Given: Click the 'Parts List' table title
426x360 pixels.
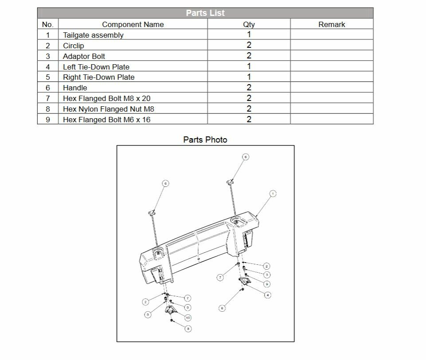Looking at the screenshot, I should (x=205, y=13).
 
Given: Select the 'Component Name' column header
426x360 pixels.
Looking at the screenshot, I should (x=133, y=24).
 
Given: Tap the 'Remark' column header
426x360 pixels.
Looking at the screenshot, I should (x=332, y=24).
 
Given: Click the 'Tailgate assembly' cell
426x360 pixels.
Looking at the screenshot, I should (x=93, y=35).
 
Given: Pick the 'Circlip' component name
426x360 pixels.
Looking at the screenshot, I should (x=73, y=46).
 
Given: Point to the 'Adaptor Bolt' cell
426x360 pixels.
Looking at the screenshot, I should (x=84, y=56).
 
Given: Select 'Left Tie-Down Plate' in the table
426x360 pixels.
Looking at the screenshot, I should (x=96, y=67).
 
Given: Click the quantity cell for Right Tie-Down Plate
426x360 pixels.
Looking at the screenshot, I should (x=249, y=77).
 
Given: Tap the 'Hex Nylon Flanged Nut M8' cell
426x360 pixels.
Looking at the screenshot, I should (x=108, y=109).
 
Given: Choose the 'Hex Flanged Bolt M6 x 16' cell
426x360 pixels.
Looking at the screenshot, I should (x=106, y=120).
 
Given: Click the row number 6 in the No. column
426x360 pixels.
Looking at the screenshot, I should (x=48, y=88).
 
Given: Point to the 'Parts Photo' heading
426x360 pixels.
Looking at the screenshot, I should (x=205, y=139).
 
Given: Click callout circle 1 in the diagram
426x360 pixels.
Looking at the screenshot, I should (x=273, y=194).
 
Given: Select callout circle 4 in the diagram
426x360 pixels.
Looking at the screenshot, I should (x=268, y=295).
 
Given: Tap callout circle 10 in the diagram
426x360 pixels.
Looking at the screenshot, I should (x=188, y=317).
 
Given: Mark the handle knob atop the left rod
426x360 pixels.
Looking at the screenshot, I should (x=151, y=213).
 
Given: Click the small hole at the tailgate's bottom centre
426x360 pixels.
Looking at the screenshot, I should (x=198, y=259).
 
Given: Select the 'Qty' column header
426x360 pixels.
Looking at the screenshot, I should (x=249, y=24).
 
